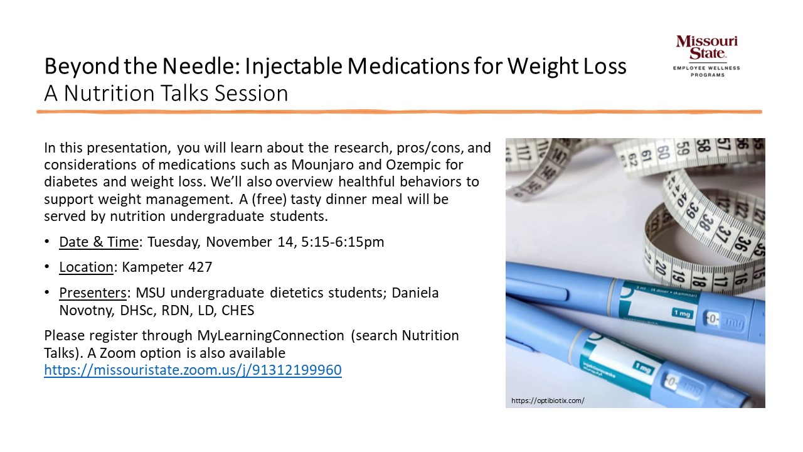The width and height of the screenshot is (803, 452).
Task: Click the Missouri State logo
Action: point(706,56)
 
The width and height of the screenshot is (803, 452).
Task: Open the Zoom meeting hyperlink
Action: point(193,370)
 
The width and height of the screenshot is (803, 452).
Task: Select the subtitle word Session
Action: point(251,94)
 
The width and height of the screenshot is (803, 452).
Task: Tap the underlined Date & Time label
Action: point(98,242)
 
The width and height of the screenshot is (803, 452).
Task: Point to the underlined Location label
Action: point(86,267)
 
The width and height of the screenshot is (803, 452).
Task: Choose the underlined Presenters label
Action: point(93,293)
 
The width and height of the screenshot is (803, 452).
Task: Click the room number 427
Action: point(200,267)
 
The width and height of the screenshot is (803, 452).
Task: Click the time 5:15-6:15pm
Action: point(343,242)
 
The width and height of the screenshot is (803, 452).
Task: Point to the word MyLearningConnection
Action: point(270,335)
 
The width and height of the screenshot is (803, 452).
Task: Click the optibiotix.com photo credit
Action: point(548,401)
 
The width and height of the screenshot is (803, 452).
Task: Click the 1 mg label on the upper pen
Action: point(682,313)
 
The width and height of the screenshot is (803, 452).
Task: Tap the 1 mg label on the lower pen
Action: point(643,367)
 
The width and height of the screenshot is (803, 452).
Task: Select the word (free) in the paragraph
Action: point(269,199)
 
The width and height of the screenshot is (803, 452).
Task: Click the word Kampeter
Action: point(153,267)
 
